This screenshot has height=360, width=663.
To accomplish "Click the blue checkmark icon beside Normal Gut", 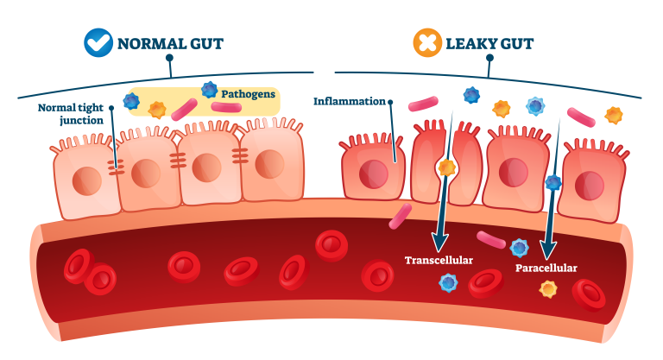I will pyautogui.click(x=98, y=42).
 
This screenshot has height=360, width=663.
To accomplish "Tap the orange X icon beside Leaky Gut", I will pyautogui.click(x=427, y=42).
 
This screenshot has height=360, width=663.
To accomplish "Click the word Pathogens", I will pyautogui.click(x=248, y=92).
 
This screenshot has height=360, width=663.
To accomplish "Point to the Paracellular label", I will pyautogui.click(x=546, y=268).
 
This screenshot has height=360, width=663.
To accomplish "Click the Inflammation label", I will pyautogui.click(x=349, y=101).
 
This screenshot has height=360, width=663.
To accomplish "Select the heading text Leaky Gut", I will pyautogui.click(x=489, y=43).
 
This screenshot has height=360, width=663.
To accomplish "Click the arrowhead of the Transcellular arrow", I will pyautogui.click(x=439, y=241).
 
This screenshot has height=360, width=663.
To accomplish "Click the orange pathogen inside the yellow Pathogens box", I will pyautogui.click(x=157, y=110).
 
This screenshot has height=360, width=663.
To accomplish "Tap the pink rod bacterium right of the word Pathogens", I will pyautogui.click(x=227, y=107).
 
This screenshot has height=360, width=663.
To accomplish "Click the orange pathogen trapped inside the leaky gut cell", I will pyautogui.click(x=446, y=167).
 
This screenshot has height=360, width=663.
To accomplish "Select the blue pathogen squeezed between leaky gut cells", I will pyautogui.click(x=553, y=182).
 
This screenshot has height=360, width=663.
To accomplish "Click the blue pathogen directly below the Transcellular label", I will pyautogui.click(x=448, y=282).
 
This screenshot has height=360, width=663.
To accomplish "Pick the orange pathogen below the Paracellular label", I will pyautogui.click(x=548, y=288).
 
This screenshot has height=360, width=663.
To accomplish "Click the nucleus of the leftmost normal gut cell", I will pyautogui.click(x=87, y=180).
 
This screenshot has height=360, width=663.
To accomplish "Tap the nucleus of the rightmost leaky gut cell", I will pyautogui.click(x=590, y=185).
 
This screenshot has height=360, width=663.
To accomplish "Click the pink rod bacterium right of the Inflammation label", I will pyautogui.click(x=423, y=104).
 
